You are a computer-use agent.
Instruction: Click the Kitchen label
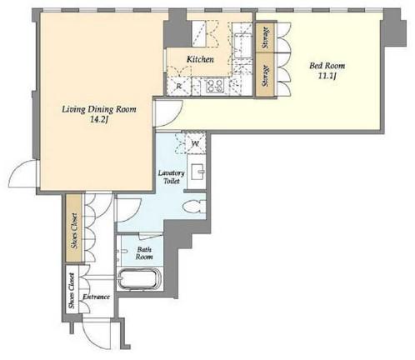click(200, 59)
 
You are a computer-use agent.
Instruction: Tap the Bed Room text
click(327, 66)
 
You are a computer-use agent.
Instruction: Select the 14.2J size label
click(99, 120)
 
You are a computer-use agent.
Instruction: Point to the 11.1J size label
click(327, 76)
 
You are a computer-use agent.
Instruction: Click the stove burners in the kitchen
click(215, 85)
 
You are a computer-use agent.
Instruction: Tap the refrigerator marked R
click(178, 86)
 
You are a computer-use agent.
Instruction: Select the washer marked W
click(195, 144)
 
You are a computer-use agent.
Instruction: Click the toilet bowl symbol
click(194, 207)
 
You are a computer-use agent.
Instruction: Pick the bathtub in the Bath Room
click(139, 279)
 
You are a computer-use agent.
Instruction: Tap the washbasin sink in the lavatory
click(197, 172)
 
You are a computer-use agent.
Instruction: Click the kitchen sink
click(242, 45)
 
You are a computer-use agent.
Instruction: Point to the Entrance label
click(96, 297)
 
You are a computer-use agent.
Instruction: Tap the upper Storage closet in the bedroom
click(265, 37)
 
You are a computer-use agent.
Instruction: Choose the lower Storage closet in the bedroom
click(265, 75)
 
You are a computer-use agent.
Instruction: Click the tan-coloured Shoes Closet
click(74, 227)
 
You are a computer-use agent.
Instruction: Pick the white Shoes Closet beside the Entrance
click(72, 290)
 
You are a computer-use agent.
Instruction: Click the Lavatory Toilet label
click(172, 177)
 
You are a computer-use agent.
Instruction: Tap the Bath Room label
click(144, 253)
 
